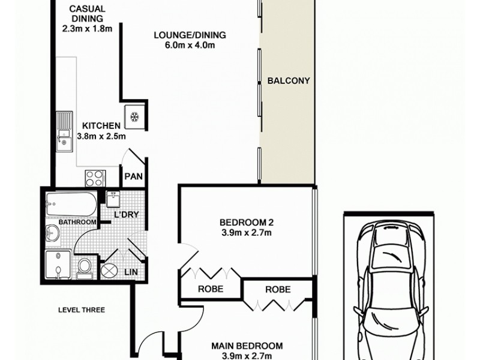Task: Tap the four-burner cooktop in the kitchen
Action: [95, 178]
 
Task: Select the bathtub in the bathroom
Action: [70, 206]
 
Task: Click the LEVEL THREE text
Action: [82, 310]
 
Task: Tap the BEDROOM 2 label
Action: [246, 221]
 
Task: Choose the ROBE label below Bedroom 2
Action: [211, 289]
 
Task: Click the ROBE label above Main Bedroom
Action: [278, 289]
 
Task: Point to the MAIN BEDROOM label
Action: [247, 346]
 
